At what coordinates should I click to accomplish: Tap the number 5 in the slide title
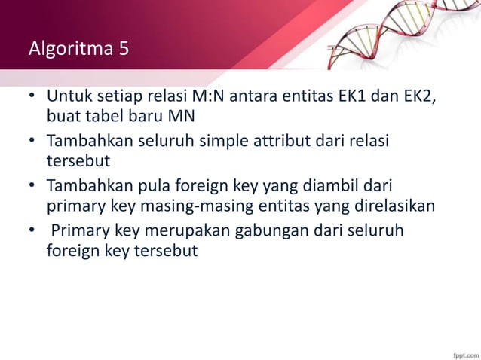point(123,50)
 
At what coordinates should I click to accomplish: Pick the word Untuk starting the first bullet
point(66,99)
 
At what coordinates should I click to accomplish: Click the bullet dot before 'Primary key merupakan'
point(32,230)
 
